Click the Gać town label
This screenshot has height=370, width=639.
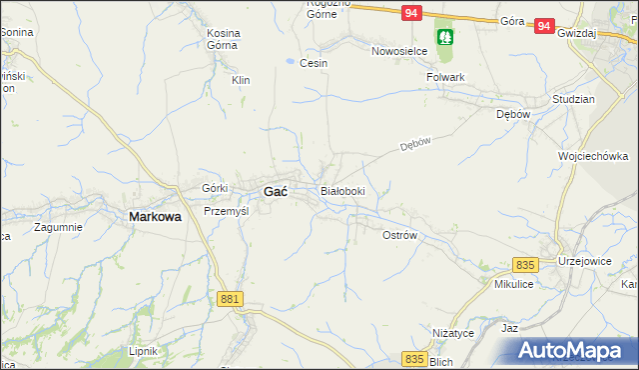tap(275, 191)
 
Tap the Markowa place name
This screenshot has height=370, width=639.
tap(155, 215)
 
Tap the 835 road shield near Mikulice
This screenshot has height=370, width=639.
tap(526, 265)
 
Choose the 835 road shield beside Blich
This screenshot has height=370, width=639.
tap(415, 357)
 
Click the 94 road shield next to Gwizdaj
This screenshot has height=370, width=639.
tap(543, 27)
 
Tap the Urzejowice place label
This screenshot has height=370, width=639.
tap(588, 260)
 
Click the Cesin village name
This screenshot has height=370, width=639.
tap(314, 63)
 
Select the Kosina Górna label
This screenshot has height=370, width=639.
tap(223, 39)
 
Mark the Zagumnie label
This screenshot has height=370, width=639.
tap(57, 227)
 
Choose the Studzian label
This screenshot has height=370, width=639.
tap(573, 100)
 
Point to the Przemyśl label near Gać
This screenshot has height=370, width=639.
tap(225, 212)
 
